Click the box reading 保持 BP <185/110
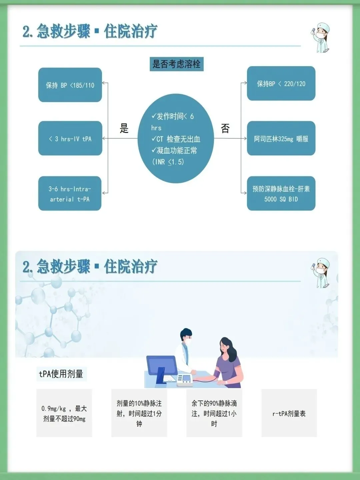click(70, 85)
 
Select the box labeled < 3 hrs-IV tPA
click(70, 138)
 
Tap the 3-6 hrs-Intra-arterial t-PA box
click(70, 193)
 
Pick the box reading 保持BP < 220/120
click(281, 83)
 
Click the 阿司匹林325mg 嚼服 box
click(281, 138)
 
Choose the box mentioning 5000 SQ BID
click(281, 193)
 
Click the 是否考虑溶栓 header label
click(176, 64)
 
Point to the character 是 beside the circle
click(124, 128)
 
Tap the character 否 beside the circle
click(225, 128)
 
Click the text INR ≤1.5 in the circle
click(168, 162)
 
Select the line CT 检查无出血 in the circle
click(176, 139)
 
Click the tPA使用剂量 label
click(61, 374)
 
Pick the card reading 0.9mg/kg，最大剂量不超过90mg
click(64, 413)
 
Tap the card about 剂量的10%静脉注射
click(139, 413)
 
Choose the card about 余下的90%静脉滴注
click(214, 413)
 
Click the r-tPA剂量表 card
click(289, 413)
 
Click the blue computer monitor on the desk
click(161, 367)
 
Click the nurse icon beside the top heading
click(321, 38)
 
